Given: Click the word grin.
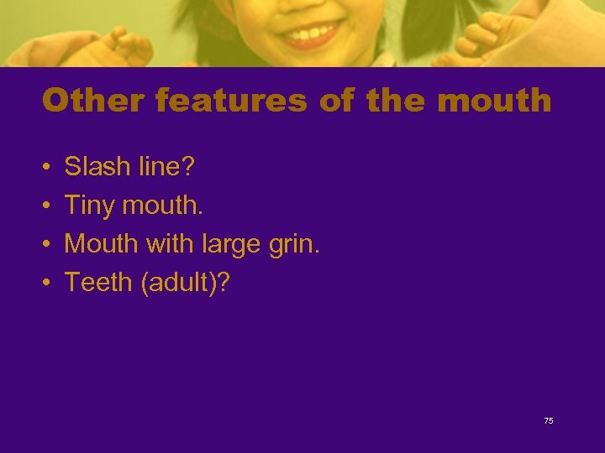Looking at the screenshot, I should (x=295, y=244).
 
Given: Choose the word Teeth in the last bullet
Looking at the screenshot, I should (x=99, y=283).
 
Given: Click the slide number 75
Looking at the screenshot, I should (x=549, y=421).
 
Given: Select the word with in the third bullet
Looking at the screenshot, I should (x=168, y=244).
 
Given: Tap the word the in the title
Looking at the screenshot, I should (x=397, y=102).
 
